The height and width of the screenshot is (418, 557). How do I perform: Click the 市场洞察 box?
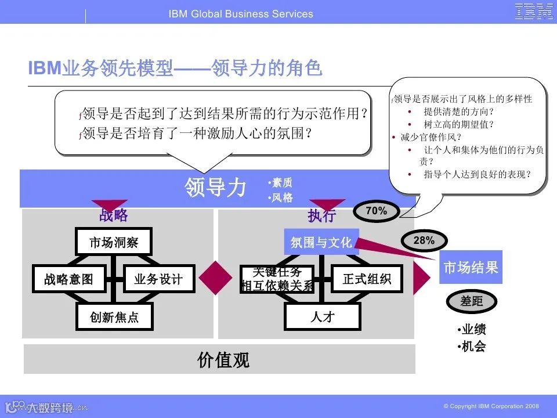click(114, 242)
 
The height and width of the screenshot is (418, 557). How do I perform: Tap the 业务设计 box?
click(158, 279)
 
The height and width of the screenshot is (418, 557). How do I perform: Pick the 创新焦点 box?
click(114, 317)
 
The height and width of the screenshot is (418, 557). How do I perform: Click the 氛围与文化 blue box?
click(321, 242)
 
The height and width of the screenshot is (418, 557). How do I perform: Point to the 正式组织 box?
click(367, 279)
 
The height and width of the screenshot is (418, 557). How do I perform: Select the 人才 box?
click(322, 317)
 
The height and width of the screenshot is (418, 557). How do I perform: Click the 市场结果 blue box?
click(471, 268)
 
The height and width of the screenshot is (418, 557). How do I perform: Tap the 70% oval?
click(376, 211)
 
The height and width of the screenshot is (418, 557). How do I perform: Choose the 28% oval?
click(424, 240)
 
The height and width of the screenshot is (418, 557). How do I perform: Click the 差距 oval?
click(471, 301)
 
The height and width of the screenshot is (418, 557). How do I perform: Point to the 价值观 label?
click(223, 360)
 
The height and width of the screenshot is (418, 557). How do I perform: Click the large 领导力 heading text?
click(216, 188)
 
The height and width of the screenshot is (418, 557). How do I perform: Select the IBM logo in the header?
click(534, 12)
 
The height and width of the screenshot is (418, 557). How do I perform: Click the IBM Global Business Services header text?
click(241, 14)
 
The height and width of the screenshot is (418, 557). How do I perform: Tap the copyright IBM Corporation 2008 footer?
click(491, 406)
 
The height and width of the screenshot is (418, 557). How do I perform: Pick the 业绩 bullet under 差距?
click(471, 330)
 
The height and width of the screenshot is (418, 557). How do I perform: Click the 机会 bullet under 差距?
click(471, 347)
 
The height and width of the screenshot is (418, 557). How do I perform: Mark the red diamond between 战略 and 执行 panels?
click(212, 278)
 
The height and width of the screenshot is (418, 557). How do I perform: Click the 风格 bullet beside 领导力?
click(281, 198)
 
